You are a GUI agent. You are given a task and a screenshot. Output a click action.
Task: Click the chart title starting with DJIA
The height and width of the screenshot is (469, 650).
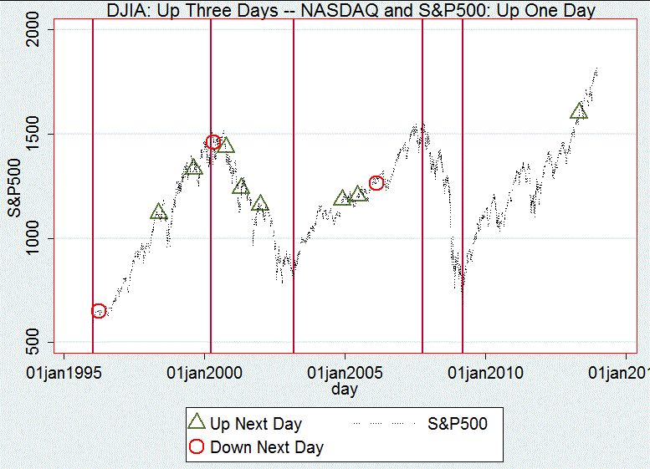[351, 10]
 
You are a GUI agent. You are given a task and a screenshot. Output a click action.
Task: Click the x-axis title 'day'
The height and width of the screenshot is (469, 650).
[344, 389]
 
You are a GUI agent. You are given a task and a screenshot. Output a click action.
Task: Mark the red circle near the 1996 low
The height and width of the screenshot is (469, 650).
[99, 311]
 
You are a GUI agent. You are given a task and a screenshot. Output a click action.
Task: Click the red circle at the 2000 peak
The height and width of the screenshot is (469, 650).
[212, 142]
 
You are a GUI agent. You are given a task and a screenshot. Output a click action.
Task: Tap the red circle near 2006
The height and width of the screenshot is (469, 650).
[376, 182]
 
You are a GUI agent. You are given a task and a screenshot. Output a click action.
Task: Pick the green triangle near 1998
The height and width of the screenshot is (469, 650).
[159, 212]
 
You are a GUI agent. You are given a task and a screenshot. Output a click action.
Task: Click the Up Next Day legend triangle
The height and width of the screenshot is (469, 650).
[197, 423]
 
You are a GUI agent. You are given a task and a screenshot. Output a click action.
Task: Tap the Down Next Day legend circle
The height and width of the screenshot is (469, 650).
[197, 447]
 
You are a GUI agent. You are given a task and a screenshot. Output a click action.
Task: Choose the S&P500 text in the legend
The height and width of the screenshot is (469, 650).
[458, 424]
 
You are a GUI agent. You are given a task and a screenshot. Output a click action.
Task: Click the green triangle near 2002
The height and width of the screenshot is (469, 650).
[260, 203]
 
